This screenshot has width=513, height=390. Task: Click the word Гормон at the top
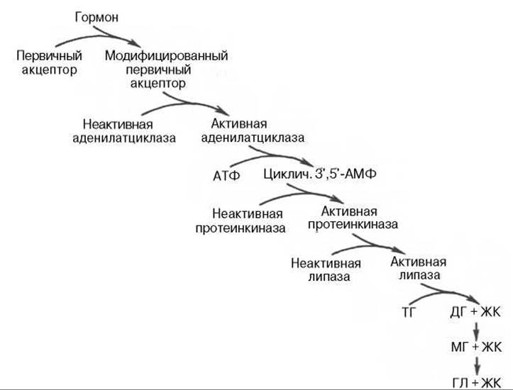coord(96,18)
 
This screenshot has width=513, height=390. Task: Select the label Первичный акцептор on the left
coord(49,62)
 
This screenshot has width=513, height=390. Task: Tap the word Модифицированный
coord(166,56)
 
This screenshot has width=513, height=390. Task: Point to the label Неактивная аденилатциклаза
coord(124,131)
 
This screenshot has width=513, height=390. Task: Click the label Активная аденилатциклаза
coord(253,130)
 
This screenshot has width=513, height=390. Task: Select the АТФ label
coord(226,176)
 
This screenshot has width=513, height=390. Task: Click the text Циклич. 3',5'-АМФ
coord(319,174)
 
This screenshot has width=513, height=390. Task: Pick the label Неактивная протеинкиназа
coord(241,221)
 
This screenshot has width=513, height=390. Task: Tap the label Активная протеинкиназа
coord(353,218)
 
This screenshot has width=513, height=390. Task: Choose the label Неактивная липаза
coord(326,270)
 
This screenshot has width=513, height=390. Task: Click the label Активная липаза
coord(419,268)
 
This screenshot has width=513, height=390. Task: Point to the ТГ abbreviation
coord(408,313)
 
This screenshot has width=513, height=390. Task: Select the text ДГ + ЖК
coord(475,312)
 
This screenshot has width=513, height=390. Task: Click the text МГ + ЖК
coord(476,347)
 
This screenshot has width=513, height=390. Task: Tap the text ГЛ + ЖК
coord(477,383)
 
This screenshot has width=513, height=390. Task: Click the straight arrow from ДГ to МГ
coord(476,330)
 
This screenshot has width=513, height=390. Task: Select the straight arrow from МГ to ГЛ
coord(477,365)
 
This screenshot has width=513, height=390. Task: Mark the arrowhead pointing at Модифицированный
coord(136,43)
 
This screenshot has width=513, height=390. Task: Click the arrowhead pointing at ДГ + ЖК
coord(473,299)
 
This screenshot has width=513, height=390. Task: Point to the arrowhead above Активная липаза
coord(399,249)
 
